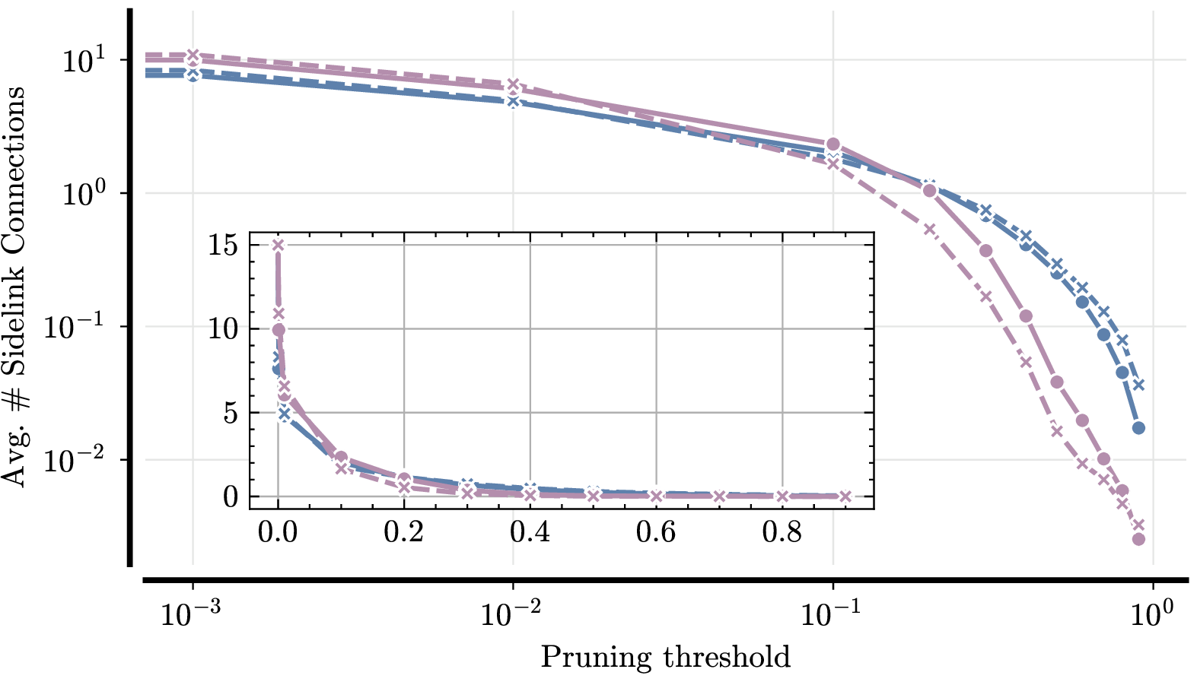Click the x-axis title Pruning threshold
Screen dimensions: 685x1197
coord(665,657)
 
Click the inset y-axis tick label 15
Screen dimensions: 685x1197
coord(223,246)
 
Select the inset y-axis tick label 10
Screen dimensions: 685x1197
coord(223,329)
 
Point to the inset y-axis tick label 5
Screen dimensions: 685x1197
coord(231,414)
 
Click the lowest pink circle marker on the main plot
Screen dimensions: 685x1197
coord(1138,539)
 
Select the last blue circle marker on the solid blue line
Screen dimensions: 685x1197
coord(1138,428)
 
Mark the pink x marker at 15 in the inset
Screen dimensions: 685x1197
coord(279,245)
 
